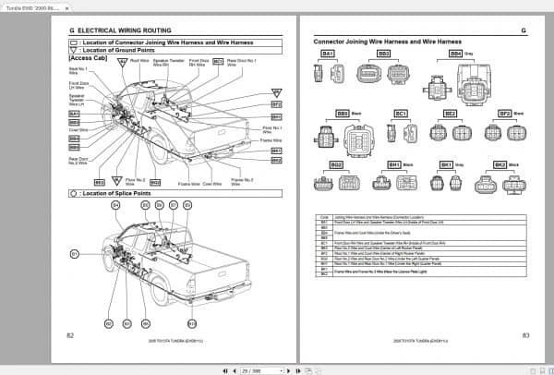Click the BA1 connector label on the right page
click(x=327, y=54)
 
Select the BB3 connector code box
click(x=383, y=54)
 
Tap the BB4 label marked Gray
click(x=455, y=54)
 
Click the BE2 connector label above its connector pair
click(x=451, y=114)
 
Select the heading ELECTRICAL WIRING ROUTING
click(x=120, y=30)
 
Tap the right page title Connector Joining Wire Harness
click(x=388, y=42)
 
